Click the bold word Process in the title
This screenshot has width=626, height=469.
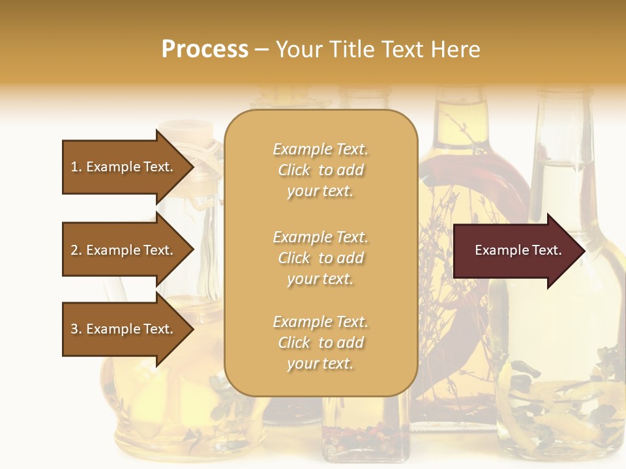pos(205,50)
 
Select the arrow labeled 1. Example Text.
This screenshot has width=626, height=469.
pos(124,167)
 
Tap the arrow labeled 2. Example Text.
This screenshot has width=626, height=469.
pos(124,250)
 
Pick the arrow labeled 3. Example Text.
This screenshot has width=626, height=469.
pos(124,329)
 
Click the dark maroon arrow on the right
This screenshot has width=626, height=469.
pos(515,251)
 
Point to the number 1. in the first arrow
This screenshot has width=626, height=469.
pos(76,167)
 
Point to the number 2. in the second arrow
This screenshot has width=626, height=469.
pos(76,250)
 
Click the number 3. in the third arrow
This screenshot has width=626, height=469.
pos(76,329)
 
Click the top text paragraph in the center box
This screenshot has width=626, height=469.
pos(320,170)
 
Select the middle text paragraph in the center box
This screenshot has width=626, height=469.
pos(320,258)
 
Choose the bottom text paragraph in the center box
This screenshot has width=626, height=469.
pos(320,343)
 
